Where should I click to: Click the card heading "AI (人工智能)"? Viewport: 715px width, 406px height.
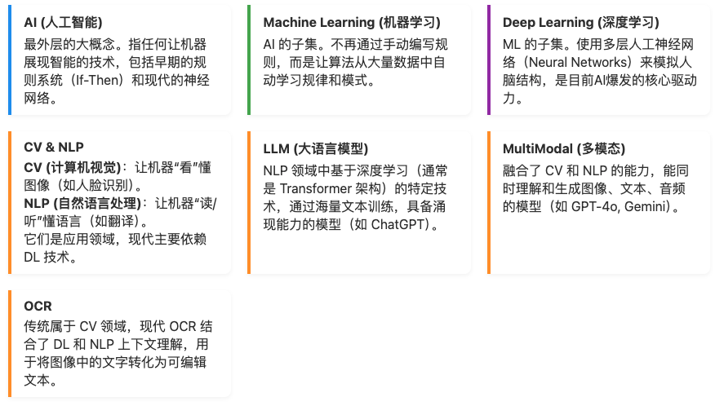pyautogui.click(x=63, y=22)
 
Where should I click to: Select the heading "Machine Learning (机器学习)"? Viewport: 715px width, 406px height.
pyautogui.click(x=351, y=22)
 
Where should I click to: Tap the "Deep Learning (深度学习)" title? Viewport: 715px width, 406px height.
pyautogui.click(x=580, y=22)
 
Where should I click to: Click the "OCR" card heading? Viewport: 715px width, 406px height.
pyautogui.click(x=38, y=306)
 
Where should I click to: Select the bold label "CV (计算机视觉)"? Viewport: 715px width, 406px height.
pyautogui.click(x=72, y=167)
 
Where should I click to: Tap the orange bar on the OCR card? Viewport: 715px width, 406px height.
pyautogui.click(x=10, y=342)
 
